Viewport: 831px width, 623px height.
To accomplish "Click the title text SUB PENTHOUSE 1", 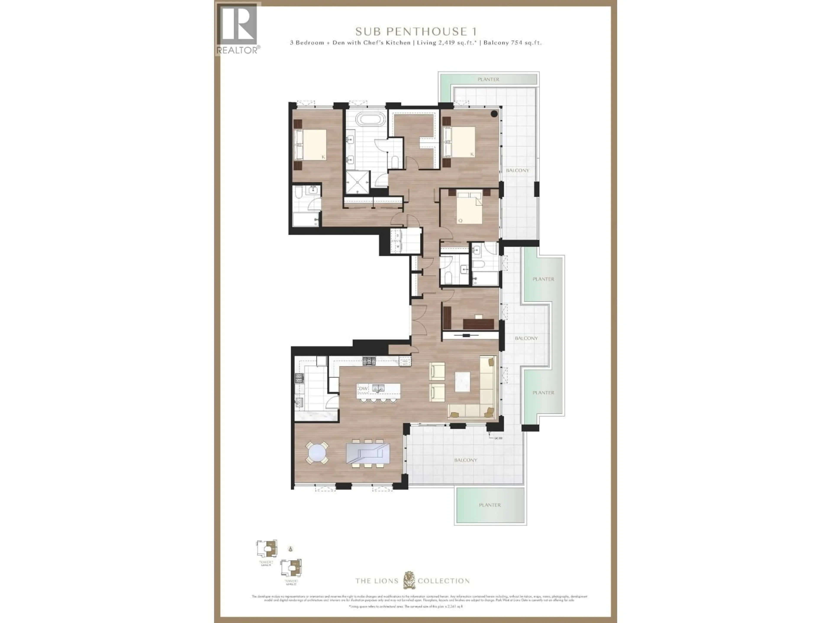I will (416, 32).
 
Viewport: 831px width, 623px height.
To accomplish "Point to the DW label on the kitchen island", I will (363, 388).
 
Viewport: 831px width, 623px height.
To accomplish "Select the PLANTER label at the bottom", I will (490, 505).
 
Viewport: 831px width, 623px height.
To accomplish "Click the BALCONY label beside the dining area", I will (465, 460).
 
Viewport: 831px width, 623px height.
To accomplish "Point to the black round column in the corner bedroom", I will (494, 114).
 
